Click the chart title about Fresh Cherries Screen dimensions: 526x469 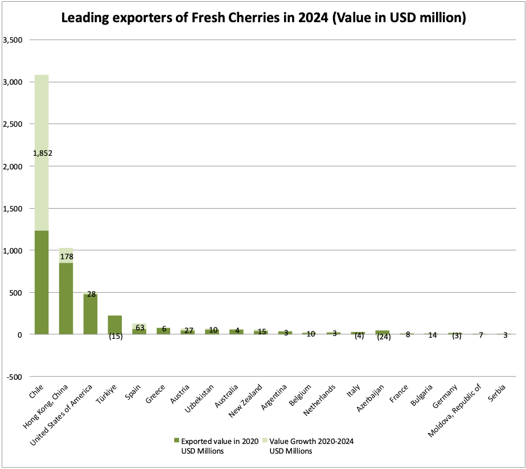pyautogui.click(x=264, y=18)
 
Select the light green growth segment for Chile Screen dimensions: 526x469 pyautogui.click(x=42, y=153)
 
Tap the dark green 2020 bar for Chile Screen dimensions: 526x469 pyautogui.click(x=42, y=283)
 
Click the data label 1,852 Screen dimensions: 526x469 pyautogui.click(x=43, y=153)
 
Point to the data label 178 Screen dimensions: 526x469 pyautogui.click(x=67, y=256)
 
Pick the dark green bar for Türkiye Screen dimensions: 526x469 pyautogui.click(x=115, y=325)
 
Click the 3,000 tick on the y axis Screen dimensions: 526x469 pyautogui.click(x=13, y=82)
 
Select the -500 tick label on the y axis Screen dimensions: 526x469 pyautogui.click(x=14, y=377)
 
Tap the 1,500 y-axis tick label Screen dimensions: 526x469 pyautogui.click(x=13, y=209)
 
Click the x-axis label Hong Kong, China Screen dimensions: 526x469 pyautogui.click(x=46, y=406)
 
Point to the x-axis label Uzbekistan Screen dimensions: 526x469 pyautogui.click(x=199, y=399)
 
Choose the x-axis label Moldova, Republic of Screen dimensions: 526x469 pyautogui.click(x=454, y=410)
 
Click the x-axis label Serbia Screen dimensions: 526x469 pyautogui.click(x=496, y=393)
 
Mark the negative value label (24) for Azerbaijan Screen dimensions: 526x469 pyautogui.click(x=384, y=337)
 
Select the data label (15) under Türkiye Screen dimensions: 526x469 pyautogui.click(x=116, y=336)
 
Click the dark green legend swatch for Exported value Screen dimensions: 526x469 pyautogui.click(x=177, y=441)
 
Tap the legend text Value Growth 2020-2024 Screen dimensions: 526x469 pyautogui.click(x=311, y=441)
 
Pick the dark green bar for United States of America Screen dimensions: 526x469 pyautogui.click(x=91, y=314)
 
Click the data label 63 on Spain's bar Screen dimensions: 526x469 pyautogui.click(x=140, y=327)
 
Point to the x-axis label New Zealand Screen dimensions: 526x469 pyautogui.click(x=245, y=401)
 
